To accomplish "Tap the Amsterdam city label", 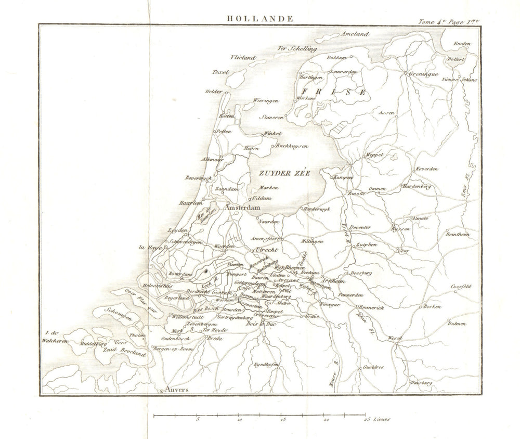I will pos(242,207).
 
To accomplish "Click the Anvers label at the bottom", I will pos(175,390).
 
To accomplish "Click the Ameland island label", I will pos(354,34).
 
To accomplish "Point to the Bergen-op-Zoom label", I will pos(173,349).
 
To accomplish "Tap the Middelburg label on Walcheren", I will pos(93,344).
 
